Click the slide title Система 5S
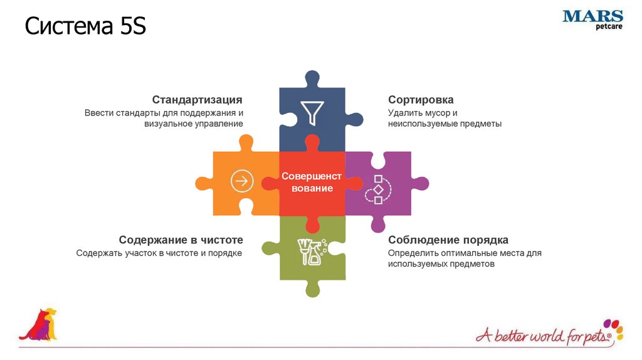tap(85, 28)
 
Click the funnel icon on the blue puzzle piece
tap(312, 112)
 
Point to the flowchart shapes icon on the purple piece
tap(378, 189)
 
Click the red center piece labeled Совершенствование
tap(312, 183)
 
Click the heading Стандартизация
tap(197, 100)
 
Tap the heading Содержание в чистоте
tap(181, 240)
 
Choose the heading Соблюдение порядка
tap(448, 240)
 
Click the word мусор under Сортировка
tap(439, 113)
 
